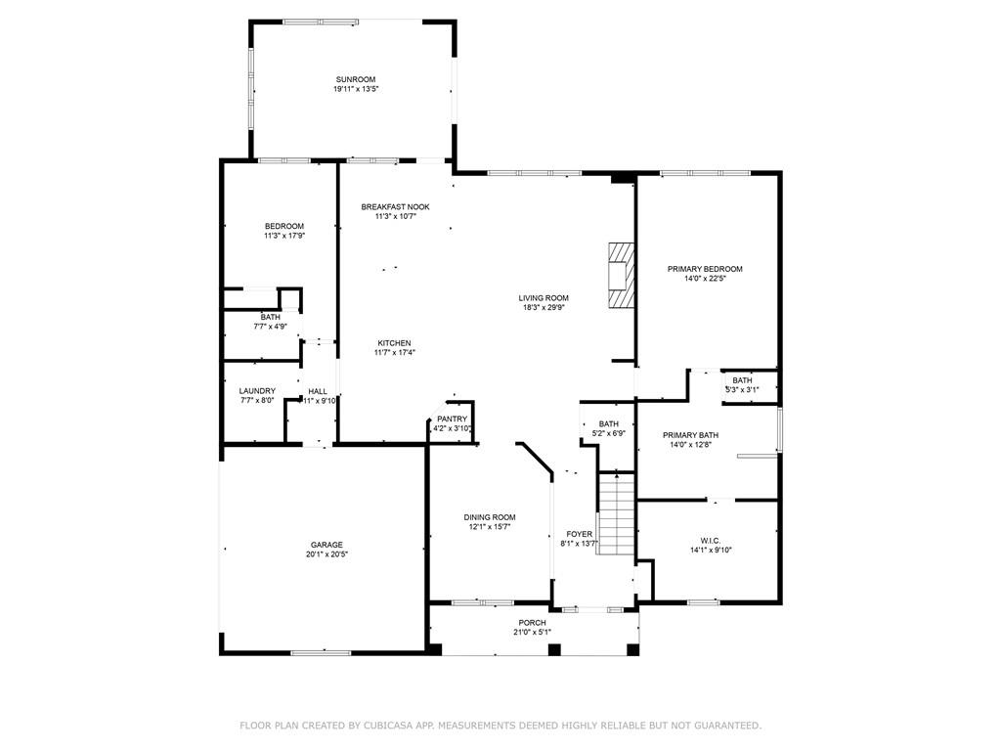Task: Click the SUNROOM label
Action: click(356, 80)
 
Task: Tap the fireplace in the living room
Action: click(621, 276)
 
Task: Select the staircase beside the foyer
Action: click(616, 513)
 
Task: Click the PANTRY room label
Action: click(452, 419)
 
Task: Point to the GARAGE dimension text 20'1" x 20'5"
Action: click(326, 554)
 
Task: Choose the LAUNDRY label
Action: click(257, 391)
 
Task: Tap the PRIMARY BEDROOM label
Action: click(705, 269)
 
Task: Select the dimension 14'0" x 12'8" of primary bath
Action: click(690, 445)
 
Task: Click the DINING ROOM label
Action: click(490, 517)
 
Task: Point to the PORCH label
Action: click(532, 623)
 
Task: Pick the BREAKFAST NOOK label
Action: click(395, 207)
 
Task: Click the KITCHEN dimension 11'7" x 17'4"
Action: click(395, 352)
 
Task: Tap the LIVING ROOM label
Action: click(544, 297)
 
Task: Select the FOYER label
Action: click(579, 534)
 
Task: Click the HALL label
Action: click(318, 391)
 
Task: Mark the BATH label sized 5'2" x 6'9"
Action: click(608, 424)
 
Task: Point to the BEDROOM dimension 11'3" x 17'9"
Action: click(284, 236)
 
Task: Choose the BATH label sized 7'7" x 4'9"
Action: click(270, 317)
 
